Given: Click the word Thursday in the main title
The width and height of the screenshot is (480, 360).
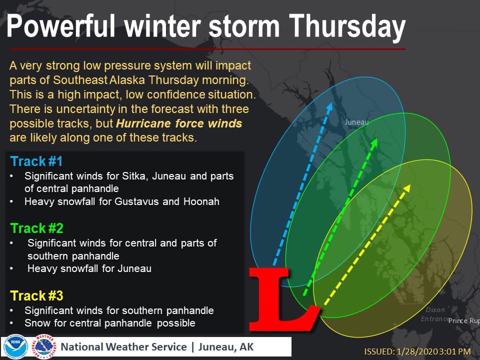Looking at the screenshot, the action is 347,27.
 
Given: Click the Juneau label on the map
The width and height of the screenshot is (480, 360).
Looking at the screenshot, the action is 356,122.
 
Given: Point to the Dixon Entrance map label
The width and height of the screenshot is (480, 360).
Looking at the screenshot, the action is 435,314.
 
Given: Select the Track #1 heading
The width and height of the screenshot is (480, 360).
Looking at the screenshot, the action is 36,161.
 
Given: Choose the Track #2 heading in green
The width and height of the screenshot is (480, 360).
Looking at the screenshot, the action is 36,228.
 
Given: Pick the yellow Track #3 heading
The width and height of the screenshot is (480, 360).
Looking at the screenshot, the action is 36,295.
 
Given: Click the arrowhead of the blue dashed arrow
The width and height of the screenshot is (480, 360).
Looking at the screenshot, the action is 329,107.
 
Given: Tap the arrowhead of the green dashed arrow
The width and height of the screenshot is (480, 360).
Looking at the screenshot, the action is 374,142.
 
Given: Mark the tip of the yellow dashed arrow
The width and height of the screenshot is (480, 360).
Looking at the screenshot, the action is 410,184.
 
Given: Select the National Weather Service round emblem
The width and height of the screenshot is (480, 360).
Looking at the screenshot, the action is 44,347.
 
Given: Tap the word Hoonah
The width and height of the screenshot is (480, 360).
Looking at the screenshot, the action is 201,201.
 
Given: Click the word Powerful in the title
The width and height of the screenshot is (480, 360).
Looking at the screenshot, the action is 60,27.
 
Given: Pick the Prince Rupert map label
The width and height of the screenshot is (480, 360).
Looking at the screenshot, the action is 464,320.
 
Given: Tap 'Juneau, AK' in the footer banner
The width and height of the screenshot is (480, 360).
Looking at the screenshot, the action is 226,347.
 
